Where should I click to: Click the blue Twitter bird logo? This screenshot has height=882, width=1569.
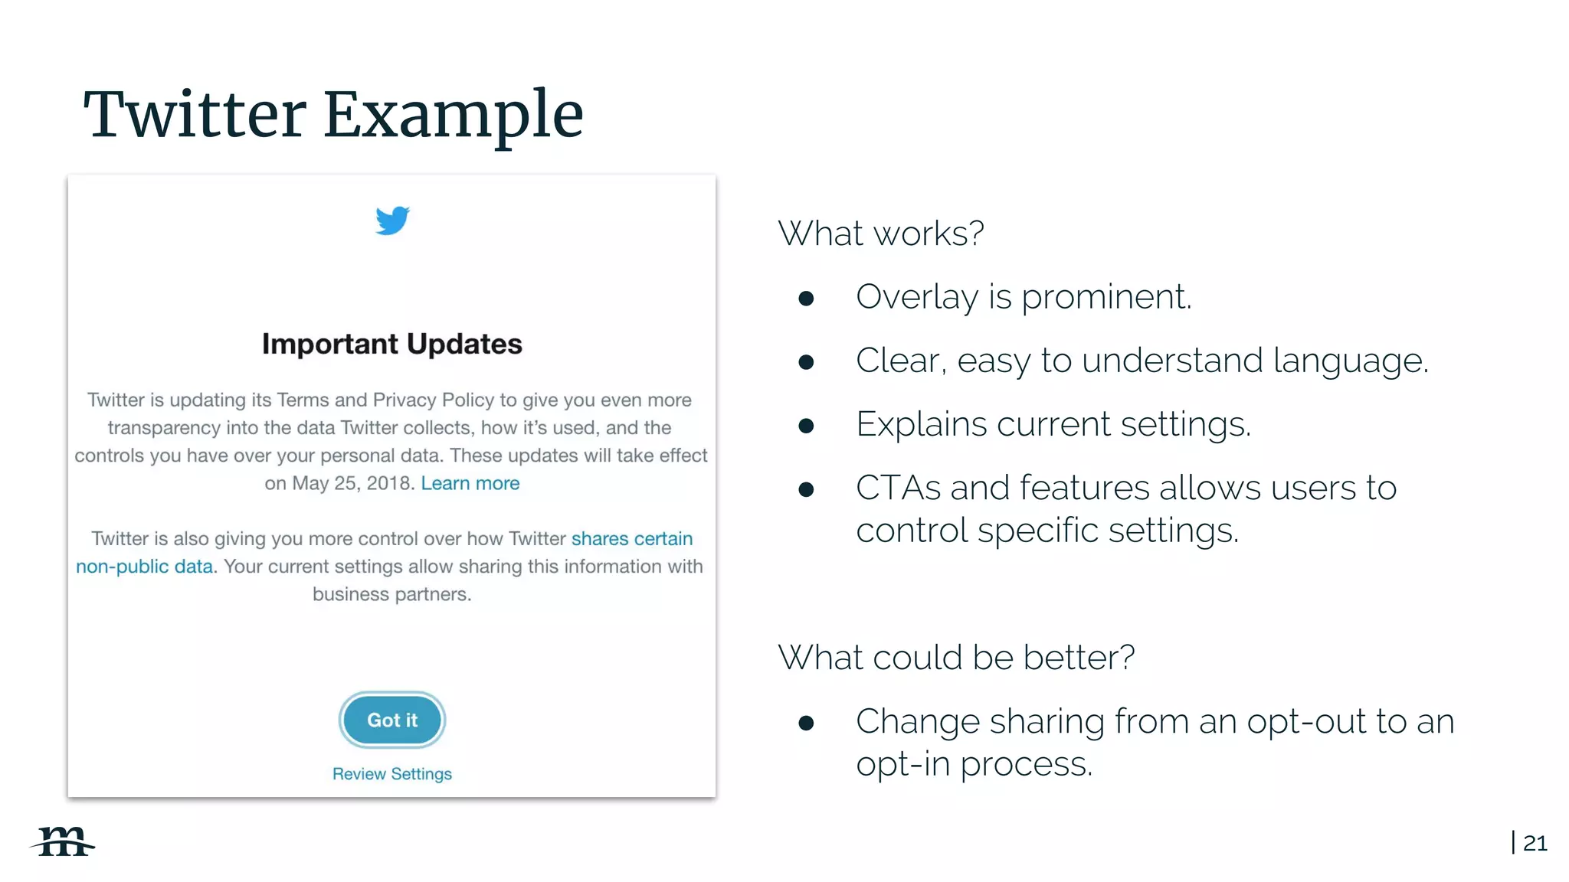(x=392, y=220)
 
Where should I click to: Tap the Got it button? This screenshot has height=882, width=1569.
(x=392, y=720)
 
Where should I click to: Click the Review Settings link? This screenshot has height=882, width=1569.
(x=392, y=774)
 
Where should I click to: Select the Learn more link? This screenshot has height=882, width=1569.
(x=470, y=483)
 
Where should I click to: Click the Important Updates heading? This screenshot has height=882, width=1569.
(x=392, y=345)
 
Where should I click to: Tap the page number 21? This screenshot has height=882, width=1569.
(x=1535, y=843)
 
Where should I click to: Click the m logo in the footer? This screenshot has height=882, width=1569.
(x=63, y=841)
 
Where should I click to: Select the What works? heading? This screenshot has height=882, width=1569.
(x=880, y=234)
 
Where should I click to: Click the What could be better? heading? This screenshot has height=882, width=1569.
(x=955, y=658)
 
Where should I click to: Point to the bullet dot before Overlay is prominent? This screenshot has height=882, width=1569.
(x=806, y=299)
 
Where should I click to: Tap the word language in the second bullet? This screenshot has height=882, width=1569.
(x=1350, y=361)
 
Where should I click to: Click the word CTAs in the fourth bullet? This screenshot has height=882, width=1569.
(x=898, y=488)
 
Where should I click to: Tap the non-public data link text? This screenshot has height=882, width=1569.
(x=144, y=567)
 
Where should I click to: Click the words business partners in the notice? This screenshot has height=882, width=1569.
(x=391, y=594)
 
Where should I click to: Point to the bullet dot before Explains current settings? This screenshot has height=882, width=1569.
(x=806, y=426)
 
